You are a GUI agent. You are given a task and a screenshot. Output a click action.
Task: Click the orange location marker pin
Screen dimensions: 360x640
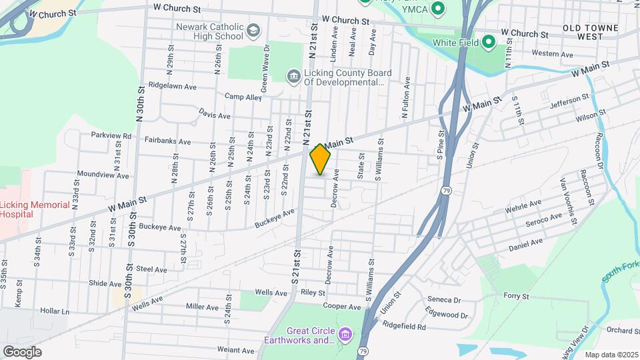pyautogui.click(x=321, y=159)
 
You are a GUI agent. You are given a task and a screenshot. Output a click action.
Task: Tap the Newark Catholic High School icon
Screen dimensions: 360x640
pyautogui.click(x=253, y=31)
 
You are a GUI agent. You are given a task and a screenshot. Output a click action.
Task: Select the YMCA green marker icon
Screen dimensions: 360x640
pyautogui.click(x=438, y=9)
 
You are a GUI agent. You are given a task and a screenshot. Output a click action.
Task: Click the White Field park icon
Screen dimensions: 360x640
pyautogui.click(x=489, y=43)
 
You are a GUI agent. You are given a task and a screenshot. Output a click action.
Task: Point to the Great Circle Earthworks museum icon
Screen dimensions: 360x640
pyautogui.click(x=345, y=333)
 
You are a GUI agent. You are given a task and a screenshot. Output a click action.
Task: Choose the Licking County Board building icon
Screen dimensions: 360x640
pyautogui.click(x=293, y=77)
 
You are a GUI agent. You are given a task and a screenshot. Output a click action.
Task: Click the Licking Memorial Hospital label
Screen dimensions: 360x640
pyautogui.click(x=35, y=210)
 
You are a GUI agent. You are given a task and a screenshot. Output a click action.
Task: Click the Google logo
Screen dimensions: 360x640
pyautogui.click(x=22, y=351)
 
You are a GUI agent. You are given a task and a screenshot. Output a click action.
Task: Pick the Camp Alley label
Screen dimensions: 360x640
pyautogui.click(x=243, y=97)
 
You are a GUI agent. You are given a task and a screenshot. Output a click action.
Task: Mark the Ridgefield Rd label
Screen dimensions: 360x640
pyautogui.click(x=404, y=326)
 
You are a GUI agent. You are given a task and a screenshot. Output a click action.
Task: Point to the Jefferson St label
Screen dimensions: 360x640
pyautogui.click(x=569, y=102)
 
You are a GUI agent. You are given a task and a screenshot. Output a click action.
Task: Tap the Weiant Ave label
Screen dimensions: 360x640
pyautogui.click(x=235, y=350)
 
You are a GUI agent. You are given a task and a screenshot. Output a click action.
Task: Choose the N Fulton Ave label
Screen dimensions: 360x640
pyautogui.click(x=405, y=97)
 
